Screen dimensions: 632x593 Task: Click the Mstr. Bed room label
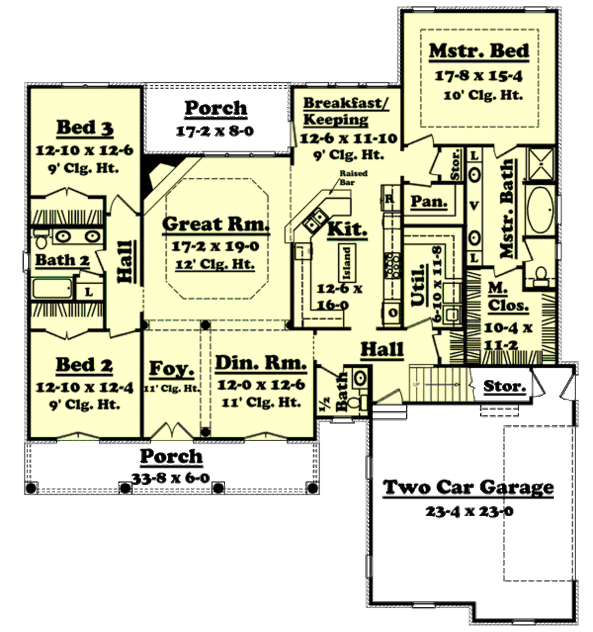tap(478, 51)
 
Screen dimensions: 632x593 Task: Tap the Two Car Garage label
tap(468, 487)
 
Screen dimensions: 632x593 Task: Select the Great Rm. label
tap(216, 224)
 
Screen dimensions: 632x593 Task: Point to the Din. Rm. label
tap(260, 363)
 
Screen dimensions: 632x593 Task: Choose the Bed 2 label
tap(85, 365)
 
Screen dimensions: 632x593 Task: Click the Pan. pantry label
tap(429, 202)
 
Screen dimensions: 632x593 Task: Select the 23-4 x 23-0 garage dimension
tap(468, 512)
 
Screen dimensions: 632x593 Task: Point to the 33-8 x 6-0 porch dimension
tap(171, 478)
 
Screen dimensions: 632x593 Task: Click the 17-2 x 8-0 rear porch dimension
tap(215, 131)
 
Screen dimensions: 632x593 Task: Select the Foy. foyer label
tap(171, 368)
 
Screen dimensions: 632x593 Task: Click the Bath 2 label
tap(63, 260)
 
